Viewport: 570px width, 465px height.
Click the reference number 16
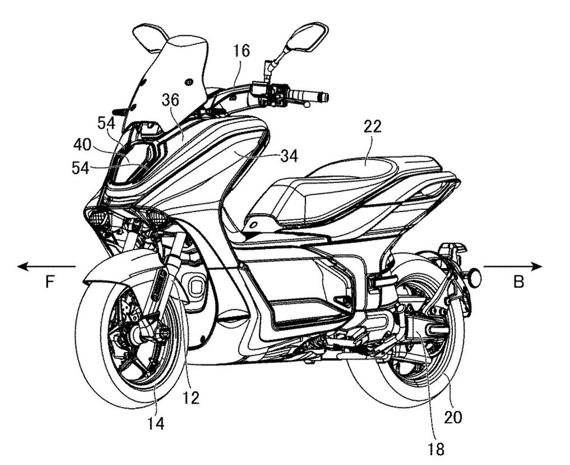tap(241, 51)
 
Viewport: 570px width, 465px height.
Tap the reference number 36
tap(170, 101)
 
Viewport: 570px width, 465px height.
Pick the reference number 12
tap(192, 397)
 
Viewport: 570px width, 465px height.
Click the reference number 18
tap(437, 447)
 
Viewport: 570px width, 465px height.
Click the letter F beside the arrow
tap(50, 282)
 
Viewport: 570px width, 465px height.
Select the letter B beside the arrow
tap(518, 282)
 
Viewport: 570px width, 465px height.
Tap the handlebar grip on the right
tap(308, 95)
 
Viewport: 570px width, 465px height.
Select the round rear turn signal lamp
tap(474, 278)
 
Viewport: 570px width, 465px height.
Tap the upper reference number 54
tap(106, 123)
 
